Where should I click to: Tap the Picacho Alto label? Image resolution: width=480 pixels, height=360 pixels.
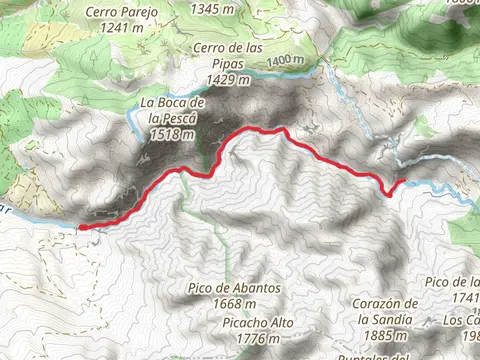(x=248, y=323)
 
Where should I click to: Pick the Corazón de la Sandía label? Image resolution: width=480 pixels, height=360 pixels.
(x=383, y=311)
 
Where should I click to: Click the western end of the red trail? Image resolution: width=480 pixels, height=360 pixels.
(x=81, y=228)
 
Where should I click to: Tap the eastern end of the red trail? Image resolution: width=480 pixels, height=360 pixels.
(x=403, y=181)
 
